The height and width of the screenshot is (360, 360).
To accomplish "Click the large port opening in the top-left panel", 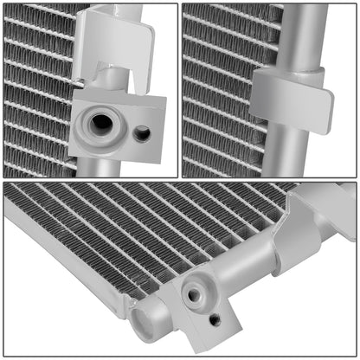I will click(x=101, y=123).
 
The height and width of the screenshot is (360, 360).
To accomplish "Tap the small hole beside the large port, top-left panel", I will click(x=142, y=132).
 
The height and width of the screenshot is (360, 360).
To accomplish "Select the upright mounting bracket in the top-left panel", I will click(x=112, y=52).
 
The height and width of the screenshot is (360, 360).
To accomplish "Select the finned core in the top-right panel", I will click(x=216, y=87).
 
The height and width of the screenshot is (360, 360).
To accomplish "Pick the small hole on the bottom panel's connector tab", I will click(x=214, y=319).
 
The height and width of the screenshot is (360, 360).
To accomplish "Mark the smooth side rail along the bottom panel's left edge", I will click(x=61, y=251).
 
